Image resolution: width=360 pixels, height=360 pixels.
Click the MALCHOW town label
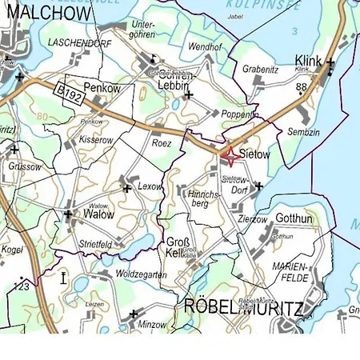click(40, 14)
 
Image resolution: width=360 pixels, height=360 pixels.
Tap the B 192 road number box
click(72, 95)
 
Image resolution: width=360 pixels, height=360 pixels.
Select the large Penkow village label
click(102, 88)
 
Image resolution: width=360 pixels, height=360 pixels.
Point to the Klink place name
click(308, 61)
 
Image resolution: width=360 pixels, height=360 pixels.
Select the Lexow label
click(150, 186)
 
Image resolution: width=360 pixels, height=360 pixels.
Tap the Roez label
click(162, 143)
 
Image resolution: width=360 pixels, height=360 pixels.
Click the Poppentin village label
click(240, 114)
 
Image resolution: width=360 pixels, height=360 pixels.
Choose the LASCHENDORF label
click(78, 41)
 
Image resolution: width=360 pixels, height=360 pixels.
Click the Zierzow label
click(254, 218)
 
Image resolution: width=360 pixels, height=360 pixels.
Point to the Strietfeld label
click(95, 243)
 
